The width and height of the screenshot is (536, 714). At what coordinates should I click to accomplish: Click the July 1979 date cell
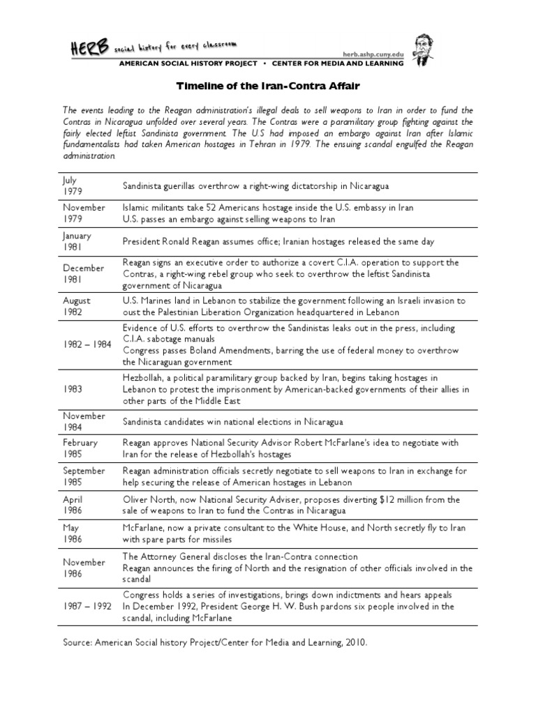point(72,186)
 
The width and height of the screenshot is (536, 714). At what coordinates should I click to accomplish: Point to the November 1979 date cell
point(84,213)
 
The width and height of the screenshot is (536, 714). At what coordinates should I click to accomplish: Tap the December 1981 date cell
point(83,274)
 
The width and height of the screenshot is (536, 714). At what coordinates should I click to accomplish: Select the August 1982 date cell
point(76,306)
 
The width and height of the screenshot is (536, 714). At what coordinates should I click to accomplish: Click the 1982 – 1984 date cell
point(87,345)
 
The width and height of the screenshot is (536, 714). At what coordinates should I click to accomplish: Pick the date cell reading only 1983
point(73,389)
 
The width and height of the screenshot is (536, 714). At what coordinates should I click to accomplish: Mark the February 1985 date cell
point(80,448)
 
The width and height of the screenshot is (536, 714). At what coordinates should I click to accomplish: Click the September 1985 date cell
point(83,477)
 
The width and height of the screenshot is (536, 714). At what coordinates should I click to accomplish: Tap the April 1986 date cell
point(73,506)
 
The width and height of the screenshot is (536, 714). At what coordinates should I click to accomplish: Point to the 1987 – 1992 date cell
point(87,606)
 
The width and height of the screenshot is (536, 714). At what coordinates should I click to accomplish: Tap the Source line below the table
point(214,643)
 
